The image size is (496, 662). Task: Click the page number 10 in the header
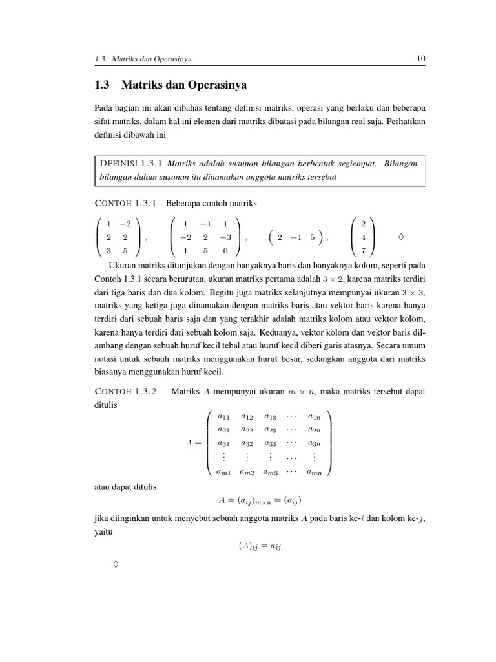[x=420, y=59]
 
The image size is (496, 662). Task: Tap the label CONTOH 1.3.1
[x=125, y=203]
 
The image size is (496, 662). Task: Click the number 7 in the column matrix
[x=364, y=251]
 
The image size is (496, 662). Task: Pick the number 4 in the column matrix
[x=364, y=237]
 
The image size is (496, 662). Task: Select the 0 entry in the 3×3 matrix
[x=225, y=251]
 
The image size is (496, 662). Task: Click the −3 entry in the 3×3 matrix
[x=224, y=237]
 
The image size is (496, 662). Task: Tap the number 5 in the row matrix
[x=312, y=237]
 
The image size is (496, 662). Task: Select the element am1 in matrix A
[x=223, y=472]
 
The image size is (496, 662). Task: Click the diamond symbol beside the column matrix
[x=402, y=237]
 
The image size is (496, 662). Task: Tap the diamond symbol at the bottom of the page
[x=116, y=565]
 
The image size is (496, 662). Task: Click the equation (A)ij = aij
[x=260, y=546]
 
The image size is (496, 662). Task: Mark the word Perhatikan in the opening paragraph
[x=406, y=121]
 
